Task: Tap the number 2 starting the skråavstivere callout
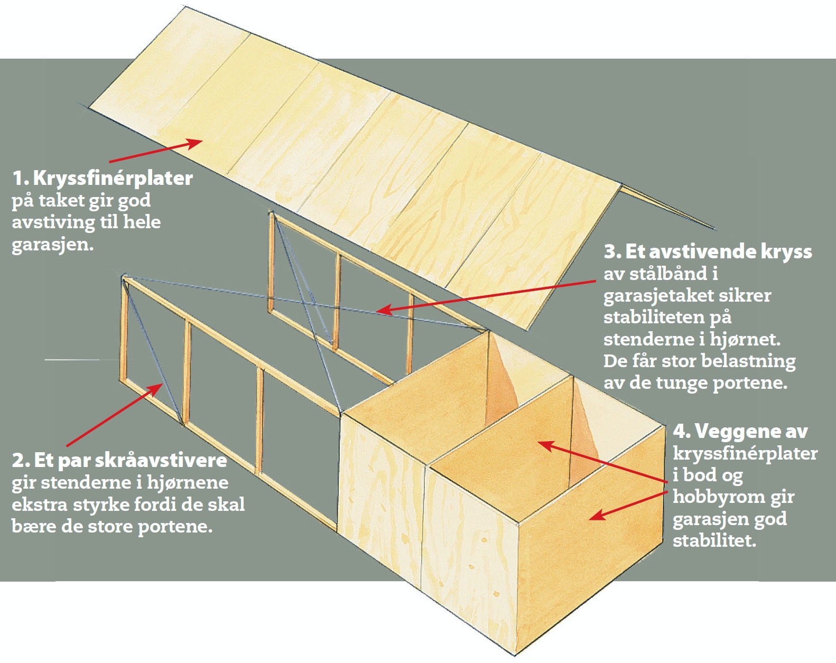coord(19,460)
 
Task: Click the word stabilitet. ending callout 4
coord(714,540)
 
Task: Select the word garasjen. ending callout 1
coord(52,245)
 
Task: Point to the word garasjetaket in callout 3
coord(657,296)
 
